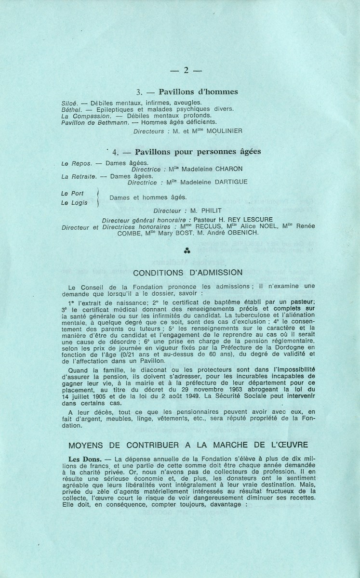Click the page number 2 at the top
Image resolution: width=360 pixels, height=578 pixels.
(186, 70)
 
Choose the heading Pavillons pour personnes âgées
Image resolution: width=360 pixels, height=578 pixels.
(199, 151)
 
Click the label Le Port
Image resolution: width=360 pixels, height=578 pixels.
(73, 193)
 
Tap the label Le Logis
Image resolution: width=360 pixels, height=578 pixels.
(74, 203)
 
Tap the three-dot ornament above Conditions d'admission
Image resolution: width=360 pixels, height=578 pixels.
(186, 250)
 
